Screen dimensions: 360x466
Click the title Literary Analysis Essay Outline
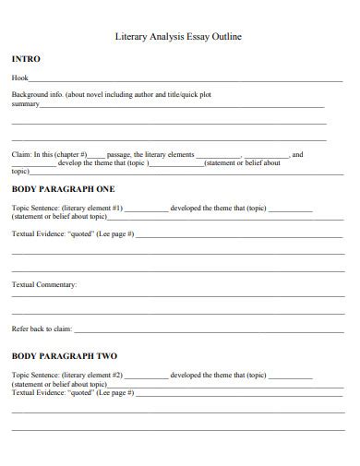(x=178, y=38)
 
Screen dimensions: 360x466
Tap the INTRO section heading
(x=25, y=59)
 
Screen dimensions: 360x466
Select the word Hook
(x=19, y=79)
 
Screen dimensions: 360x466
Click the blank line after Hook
(x=185, y=81)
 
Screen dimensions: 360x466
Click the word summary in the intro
(x=25, y=104)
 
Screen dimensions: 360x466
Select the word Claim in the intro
(x=20, y=155)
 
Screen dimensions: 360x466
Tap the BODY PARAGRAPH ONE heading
(x=63, y=188)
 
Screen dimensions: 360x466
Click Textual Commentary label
(x=44, y=285)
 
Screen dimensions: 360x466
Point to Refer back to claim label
(x=41, y=329)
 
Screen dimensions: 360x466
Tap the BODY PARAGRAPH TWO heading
(x=64, y=355)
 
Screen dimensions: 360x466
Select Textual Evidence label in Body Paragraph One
(x=38, y=234)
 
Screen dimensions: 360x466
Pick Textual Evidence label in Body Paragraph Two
(x=38, y=392)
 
